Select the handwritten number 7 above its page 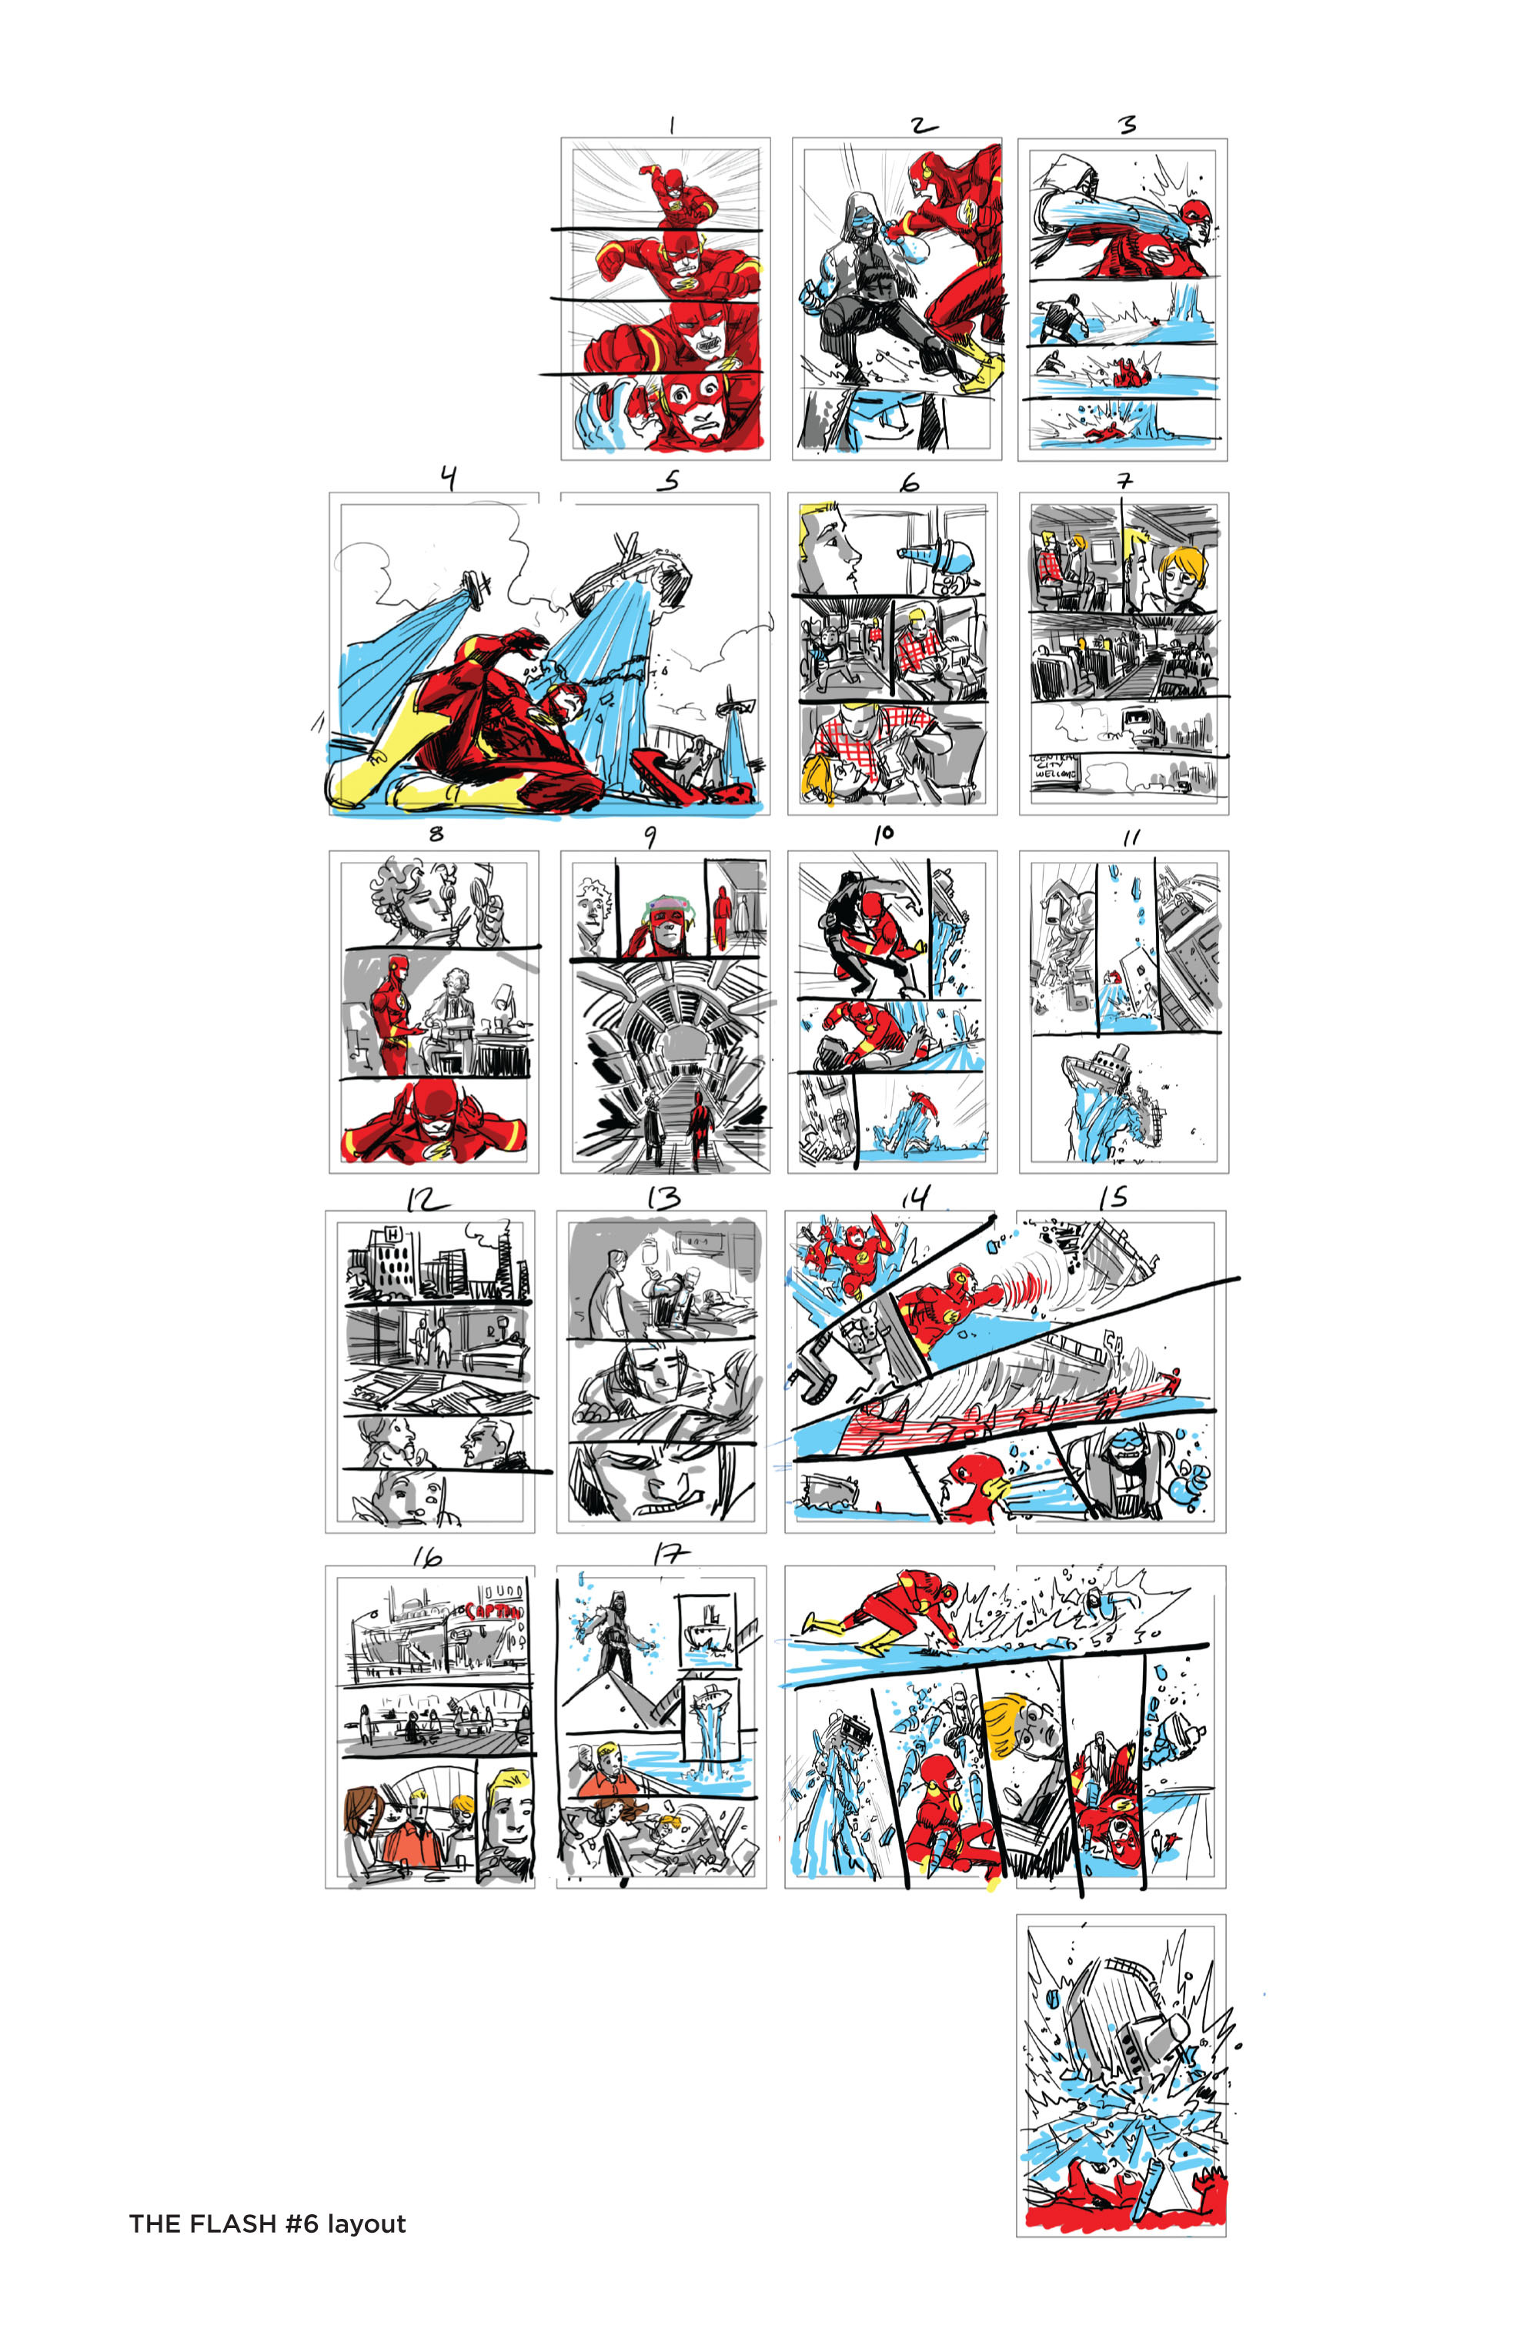click(1124, 481)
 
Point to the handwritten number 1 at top click(672, 125)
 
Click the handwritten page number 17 click(668, 1555)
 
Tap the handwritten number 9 click(650, 837)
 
